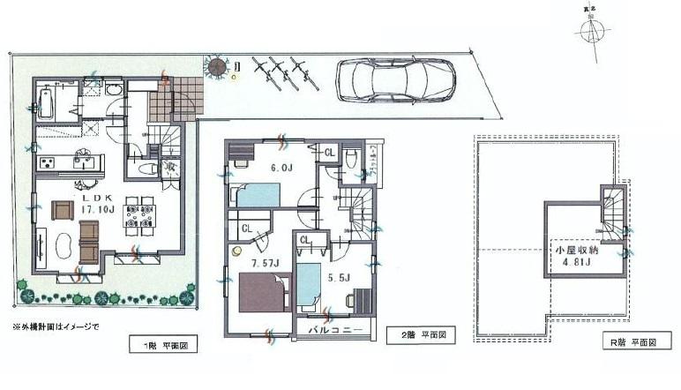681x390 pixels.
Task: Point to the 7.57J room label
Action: [x=263, y=262]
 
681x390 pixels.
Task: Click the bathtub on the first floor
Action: [x=48, y=105]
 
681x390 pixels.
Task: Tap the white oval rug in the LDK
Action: [x=63, y=248]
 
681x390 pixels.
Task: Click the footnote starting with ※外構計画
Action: [x=56, y=326]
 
